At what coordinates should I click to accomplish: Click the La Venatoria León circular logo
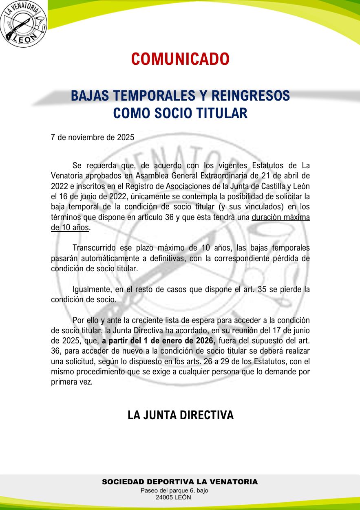click(x=24, y=24)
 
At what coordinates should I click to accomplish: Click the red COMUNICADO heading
click(x=180, y=59)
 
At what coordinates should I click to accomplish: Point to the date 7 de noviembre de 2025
click(x=93, y=138)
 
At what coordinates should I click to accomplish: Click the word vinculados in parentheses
click(x=264, y=207)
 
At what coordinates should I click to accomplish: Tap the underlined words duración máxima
click(x=281, y=217)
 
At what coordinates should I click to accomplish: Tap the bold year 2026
click(x=205, y=341)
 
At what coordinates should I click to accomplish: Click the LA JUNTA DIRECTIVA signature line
click(x=180, y=415)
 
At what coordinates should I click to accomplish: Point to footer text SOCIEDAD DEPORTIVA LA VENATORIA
click(x=180, y=482)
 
